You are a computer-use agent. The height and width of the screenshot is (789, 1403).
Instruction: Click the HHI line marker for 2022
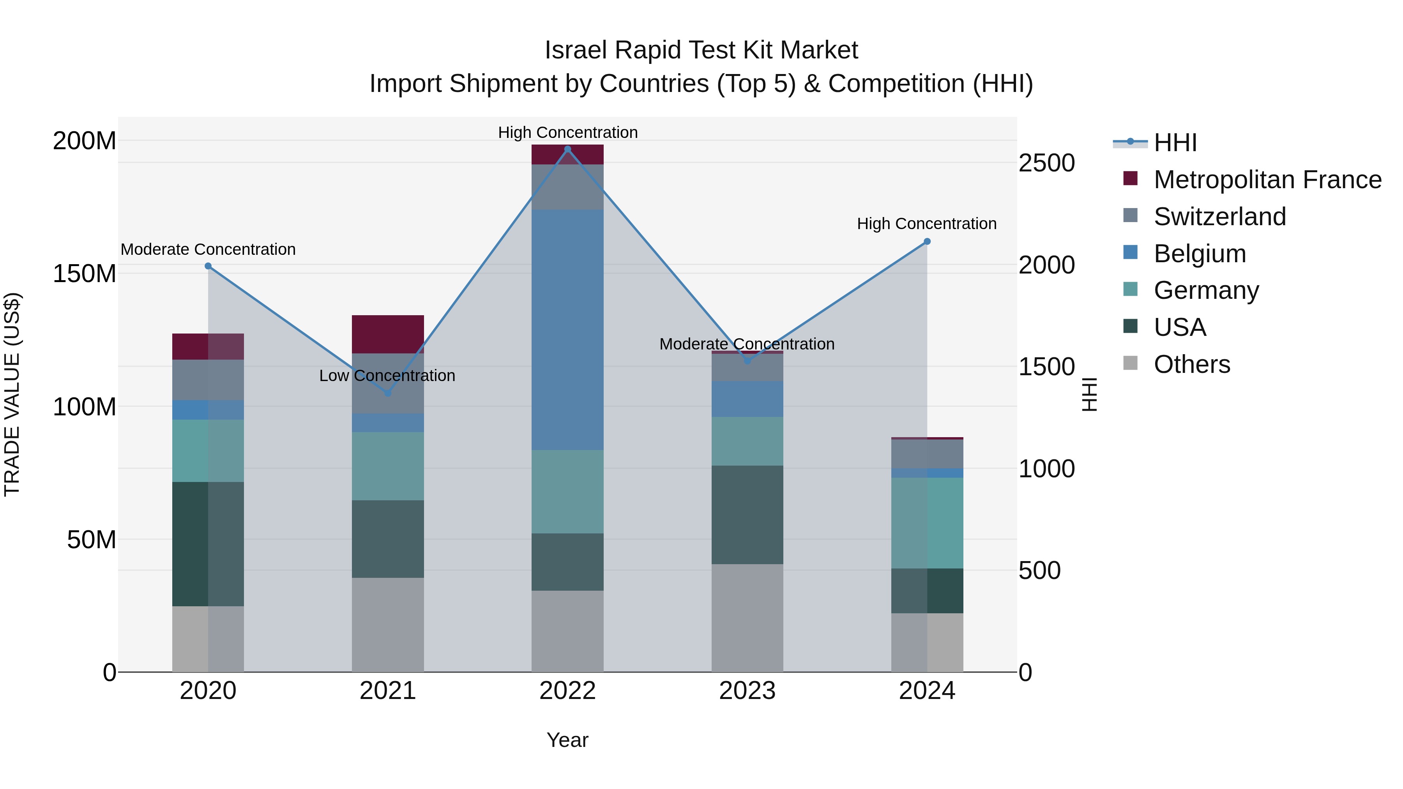[567, 149]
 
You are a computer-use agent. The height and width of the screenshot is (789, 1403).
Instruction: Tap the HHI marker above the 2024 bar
[927, 242]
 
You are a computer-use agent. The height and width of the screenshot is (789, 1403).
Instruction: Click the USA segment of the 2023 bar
[747, 515]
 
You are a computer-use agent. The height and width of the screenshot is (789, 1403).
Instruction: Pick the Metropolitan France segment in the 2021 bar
[388, 334]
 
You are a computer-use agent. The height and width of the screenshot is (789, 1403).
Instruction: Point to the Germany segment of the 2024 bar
[927, 523]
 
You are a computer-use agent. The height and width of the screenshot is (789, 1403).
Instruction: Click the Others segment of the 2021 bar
[388, 625]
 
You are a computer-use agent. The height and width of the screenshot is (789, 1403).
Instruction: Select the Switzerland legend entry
[1219, 217]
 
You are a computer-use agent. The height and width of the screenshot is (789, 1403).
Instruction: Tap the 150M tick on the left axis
[85, 274]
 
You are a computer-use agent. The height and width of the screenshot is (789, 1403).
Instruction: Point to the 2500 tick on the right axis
[1046, 163]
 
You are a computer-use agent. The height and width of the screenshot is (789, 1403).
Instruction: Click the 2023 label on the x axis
[747, 691]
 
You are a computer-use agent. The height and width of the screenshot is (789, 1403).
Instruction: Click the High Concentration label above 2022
[567, 132]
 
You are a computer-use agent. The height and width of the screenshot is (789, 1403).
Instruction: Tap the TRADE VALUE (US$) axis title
[12, 394]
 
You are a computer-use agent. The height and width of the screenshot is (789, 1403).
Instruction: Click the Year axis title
[567, 740]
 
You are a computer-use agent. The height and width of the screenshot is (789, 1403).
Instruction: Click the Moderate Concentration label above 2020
[208, 249]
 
